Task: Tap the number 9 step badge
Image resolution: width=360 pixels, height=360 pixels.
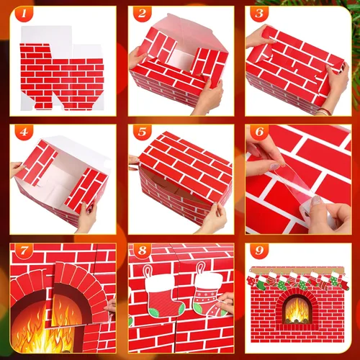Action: [x=258, y=253]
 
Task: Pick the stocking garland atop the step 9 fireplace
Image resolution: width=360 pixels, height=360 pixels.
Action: [x=295, y=281]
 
